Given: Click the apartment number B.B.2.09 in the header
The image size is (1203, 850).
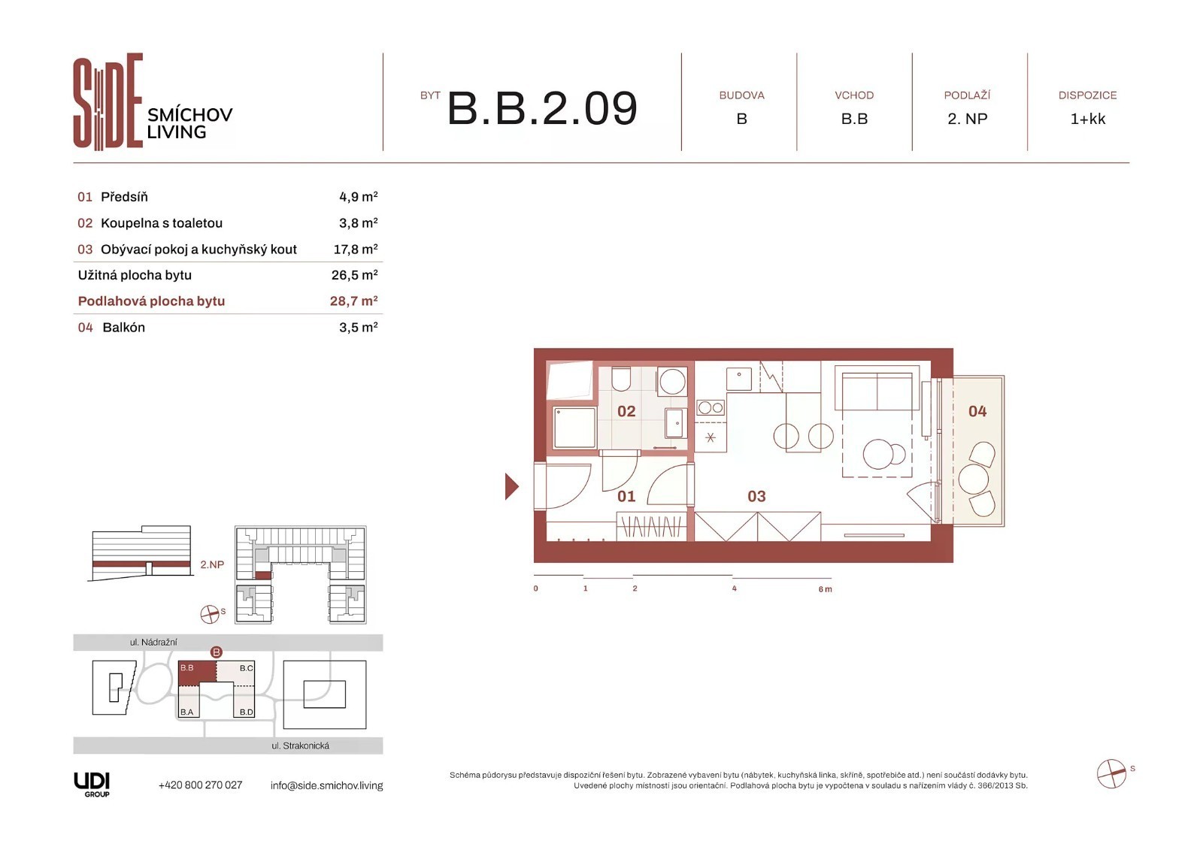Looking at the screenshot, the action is [542, 108].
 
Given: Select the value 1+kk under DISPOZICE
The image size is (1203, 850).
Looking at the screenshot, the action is [1087, 119].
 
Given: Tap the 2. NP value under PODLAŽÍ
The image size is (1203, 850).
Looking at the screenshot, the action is [967, 119].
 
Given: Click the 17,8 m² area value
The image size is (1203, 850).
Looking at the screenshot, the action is [356, 250].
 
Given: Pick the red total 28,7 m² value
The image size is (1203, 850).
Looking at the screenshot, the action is [354, 301].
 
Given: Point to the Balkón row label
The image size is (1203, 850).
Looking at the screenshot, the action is [123, 327].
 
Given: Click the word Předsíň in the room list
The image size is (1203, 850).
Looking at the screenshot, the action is [124, 196].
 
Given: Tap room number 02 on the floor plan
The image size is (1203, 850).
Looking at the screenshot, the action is [626, 411].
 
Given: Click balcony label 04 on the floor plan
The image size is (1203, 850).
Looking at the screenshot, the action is [977, 411].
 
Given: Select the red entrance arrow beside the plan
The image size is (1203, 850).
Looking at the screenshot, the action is [511, 486].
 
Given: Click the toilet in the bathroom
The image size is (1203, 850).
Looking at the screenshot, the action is [621, 379].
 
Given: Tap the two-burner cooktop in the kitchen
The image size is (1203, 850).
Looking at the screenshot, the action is [711, 408].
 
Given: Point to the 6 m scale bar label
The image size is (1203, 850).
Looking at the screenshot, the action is [826, 589].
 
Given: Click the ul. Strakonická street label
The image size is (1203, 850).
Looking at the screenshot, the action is [300, 746].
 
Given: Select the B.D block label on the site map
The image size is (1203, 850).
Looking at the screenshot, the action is [247, 712].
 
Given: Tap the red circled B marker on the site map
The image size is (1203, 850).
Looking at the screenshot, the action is [216, 652].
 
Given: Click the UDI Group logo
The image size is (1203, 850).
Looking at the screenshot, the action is [92, 785].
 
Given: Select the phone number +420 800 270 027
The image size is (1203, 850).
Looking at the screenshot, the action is [200, 785].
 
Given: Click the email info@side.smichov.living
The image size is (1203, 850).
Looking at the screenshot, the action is [326, 785].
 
